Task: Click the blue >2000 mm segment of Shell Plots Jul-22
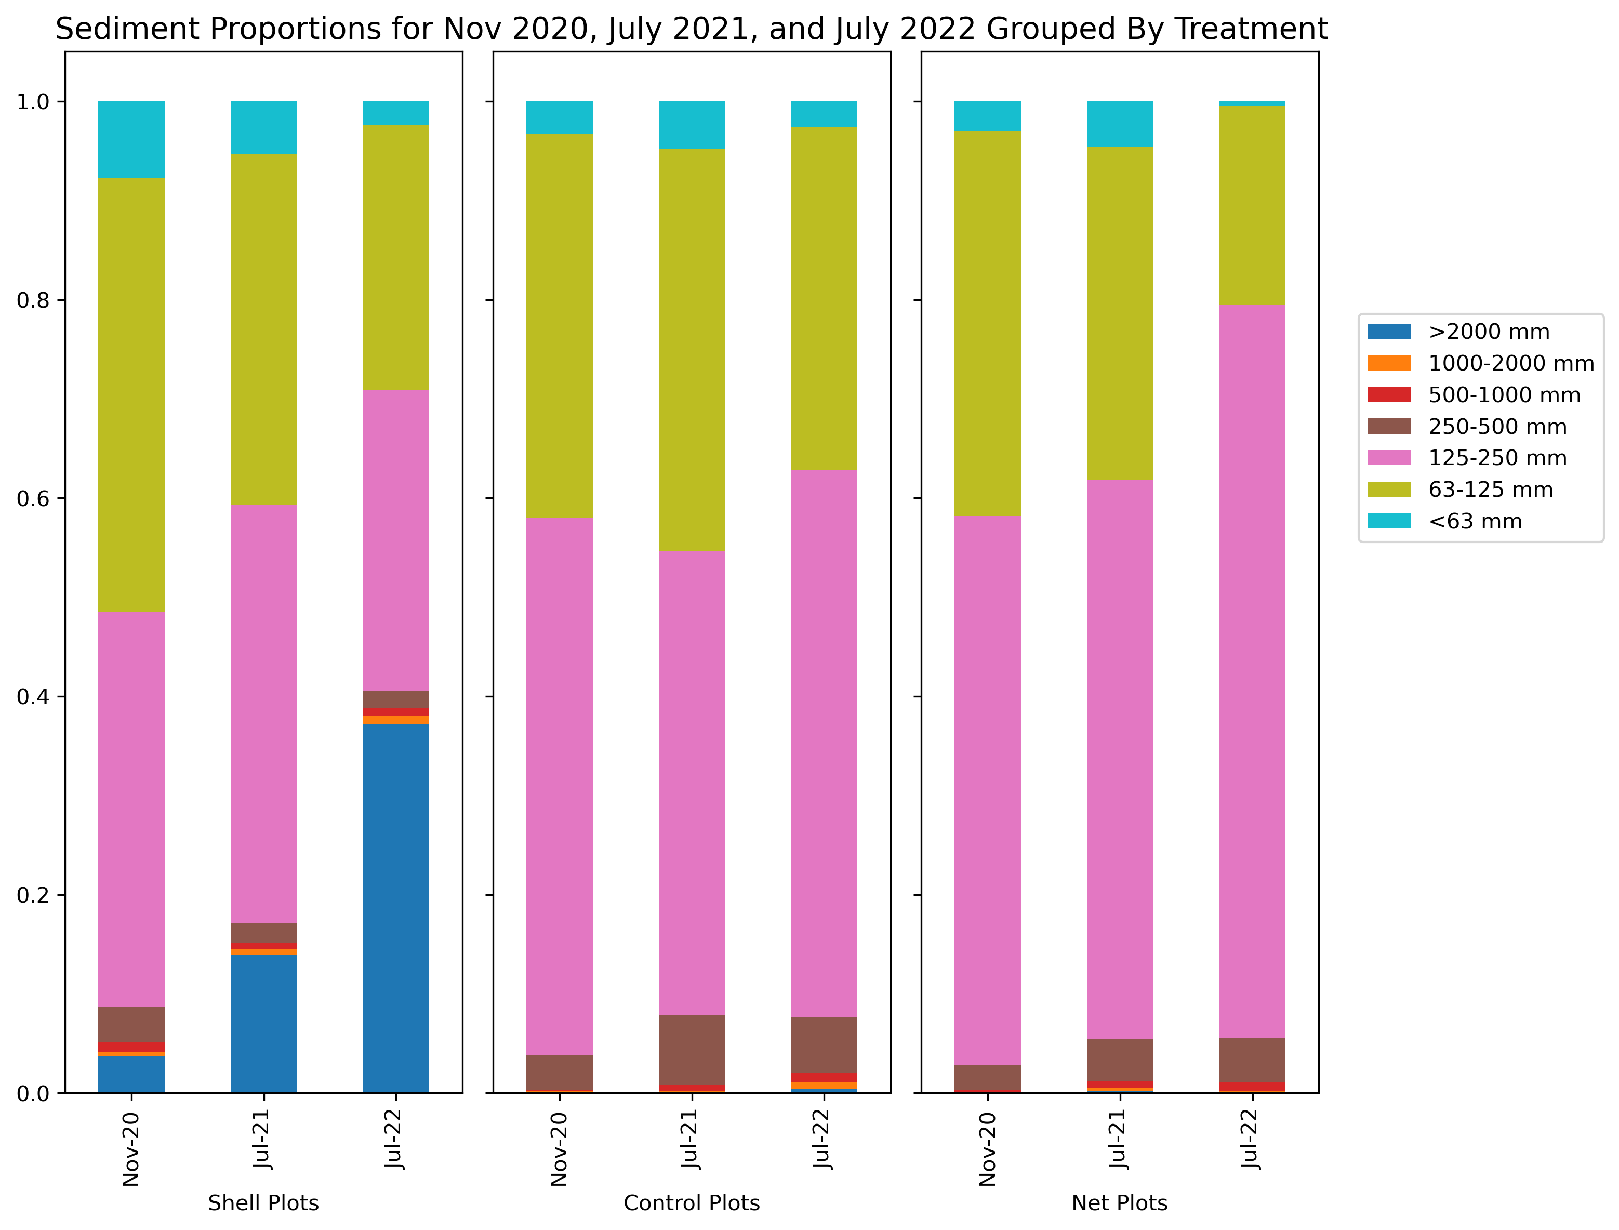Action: [396, 908]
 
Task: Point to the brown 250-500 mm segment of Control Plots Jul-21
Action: [692, 1049]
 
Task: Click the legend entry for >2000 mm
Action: [1488, 332]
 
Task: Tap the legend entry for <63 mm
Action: [1475, 521]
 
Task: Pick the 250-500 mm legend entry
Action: [1497, 427]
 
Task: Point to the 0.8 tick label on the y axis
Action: [32, 300]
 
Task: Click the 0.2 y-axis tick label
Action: [32, 895]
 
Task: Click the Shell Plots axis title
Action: [263, 1203]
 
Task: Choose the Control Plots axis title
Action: [692, 1203]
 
